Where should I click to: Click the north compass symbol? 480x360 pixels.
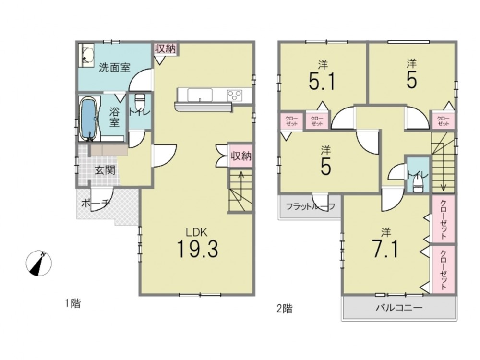pos(38,263)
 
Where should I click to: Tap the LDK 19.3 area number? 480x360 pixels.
pos(197,249)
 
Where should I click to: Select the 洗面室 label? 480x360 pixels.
pos(115,67)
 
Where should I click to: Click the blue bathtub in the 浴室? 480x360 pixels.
pos(89,119)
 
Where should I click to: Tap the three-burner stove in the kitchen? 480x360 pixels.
pos(234,95)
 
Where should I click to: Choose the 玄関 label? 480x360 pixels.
pos(105,170)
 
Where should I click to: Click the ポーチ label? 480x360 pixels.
pos(96,203)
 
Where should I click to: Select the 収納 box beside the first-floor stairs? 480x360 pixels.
pos(241,156)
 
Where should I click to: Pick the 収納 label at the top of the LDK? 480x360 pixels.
pos(166,48)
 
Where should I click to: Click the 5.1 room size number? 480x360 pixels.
pos(323,81)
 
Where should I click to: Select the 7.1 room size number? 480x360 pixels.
pos(385,249)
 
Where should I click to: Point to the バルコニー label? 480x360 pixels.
pos(399,307)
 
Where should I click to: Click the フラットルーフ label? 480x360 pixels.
pos(311,206)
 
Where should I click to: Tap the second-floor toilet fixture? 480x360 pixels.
pos(418,185)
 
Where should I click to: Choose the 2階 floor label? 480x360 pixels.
pos(284,309)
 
